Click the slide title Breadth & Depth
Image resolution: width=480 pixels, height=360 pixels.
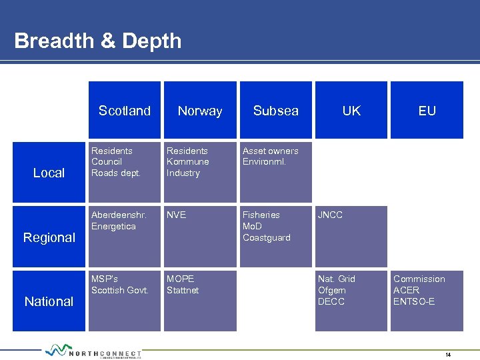[x=97, y=41]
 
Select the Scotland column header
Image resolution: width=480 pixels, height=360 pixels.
[x=125, y=111]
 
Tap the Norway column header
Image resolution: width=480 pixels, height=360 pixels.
[x=200, y=111]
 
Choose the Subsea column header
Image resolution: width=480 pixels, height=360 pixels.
[x=276, y=111]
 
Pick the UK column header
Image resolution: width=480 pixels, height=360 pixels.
[x=351, y=111]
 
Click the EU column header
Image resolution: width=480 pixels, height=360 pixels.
[x=427, y=111]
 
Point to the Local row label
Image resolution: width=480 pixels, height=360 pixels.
[x=49, y=173]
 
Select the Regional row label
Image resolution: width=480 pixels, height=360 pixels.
[x=49, y=237]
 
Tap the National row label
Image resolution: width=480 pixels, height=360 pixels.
[x=49, y=301]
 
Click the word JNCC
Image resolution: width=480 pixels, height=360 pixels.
[x=331, y=215]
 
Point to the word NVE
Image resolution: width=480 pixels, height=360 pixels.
[x=176, y=215]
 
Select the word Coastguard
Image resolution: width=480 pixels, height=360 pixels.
[x=266, y=238]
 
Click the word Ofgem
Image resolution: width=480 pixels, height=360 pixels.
[x=332, y=291]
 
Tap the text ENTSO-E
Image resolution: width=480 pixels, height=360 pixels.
[x=413, y=302]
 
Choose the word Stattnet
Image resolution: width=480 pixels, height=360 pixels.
[x=183, y=291]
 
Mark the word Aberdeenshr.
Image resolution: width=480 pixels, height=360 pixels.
[x=119, y=215]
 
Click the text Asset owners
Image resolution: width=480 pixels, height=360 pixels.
[x=270, y=151]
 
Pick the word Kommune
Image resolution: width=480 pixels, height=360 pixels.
[x=187, y=162]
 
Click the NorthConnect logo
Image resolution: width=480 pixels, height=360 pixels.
[x=93, y=352]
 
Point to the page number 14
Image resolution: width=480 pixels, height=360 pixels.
[x=448, y=355]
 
